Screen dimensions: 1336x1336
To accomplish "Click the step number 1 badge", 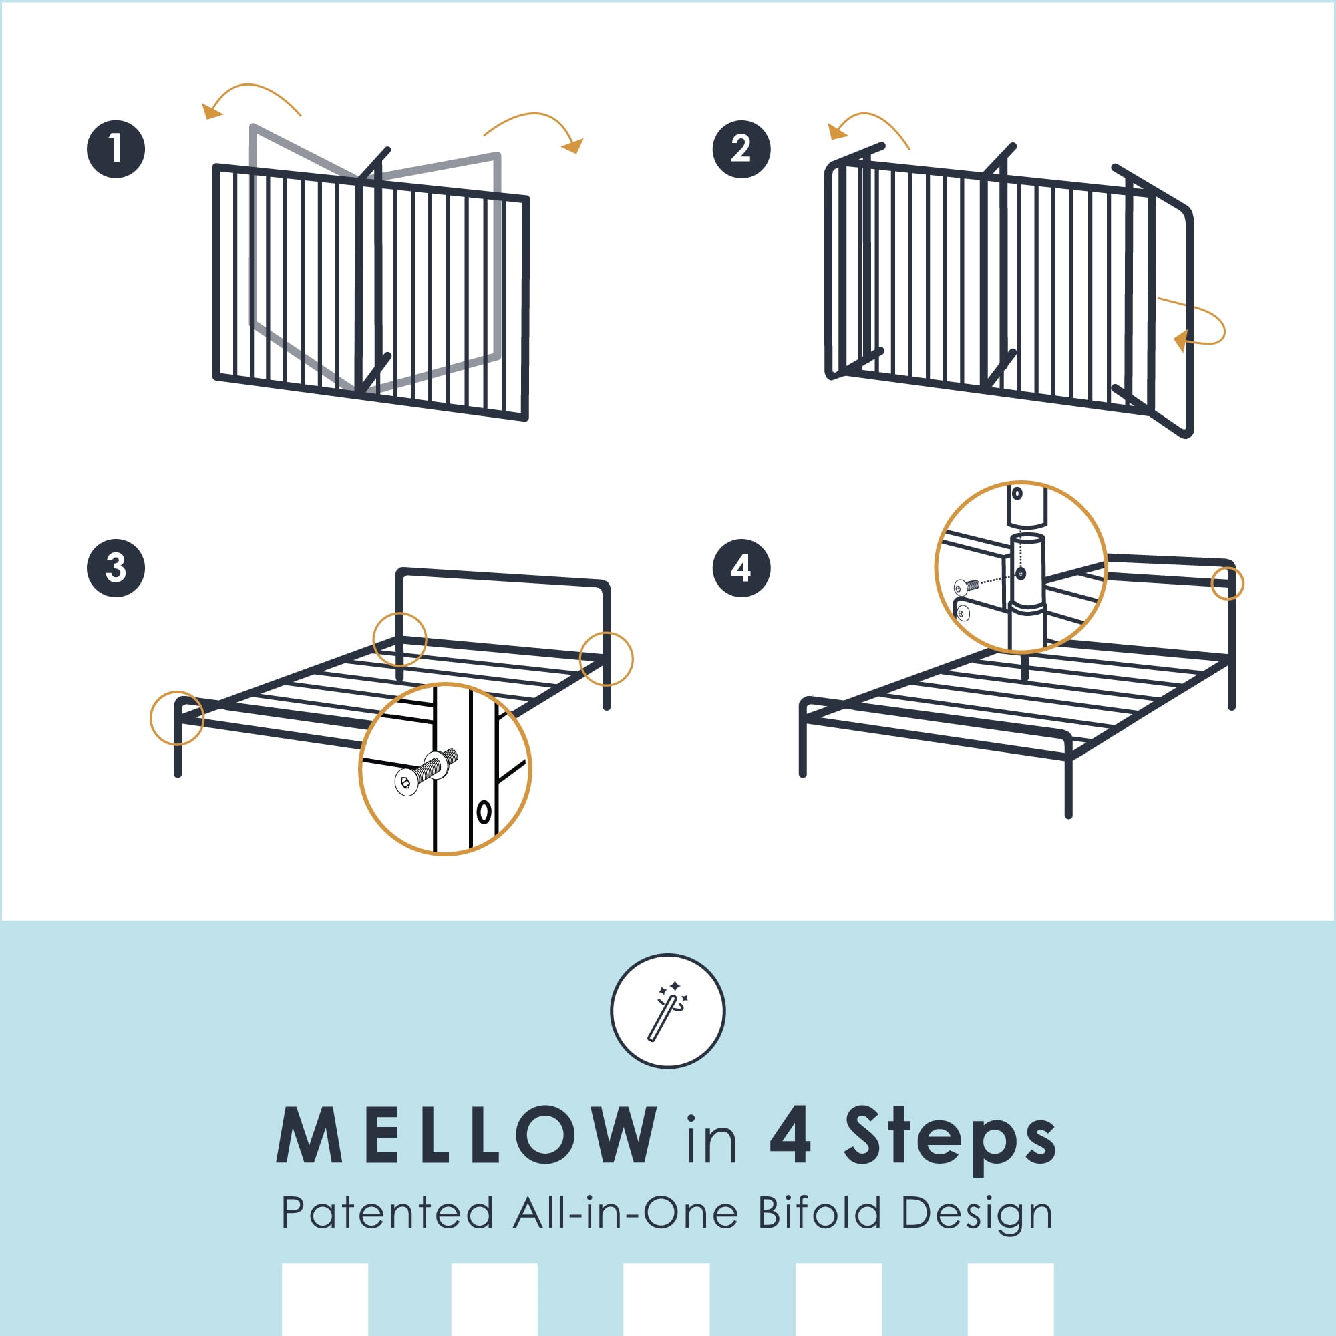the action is tap(116, 149).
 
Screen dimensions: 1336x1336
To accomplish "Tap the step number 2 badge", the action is tap(741, 149).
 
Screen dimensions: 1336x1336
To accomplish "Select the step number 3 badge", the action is tap(116, 568).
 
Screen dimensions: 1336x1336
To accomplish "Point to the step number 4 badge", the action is tap(741, 568).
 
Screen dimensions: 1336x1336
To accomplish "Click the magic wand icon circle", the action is tap(667, 1010).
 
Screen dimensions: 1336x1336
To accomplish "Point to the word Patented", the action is tap(387, 1232).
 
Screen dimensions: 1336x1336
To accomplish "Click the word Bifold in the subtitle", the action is tap(820, 1232).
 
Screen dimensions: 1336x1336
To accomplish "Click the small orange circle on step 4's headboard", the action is tap(1227, 584).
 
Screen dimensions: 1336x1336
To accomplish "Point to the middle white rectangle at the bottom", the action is tap(666, 1299).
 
